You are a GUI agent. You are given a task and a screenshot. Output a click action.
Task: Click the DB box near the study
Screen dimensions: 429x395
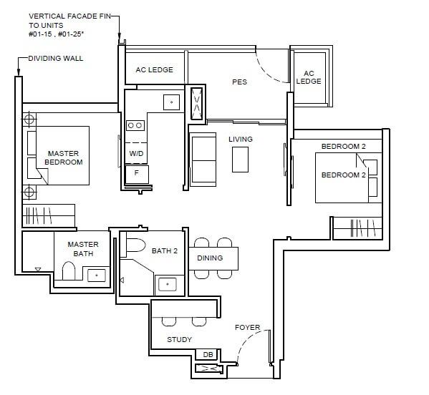click(x=208, y=354)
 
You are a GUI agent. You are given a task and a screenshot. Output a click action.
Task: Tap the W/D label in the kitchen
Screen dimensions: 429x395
click(x=136, y=153)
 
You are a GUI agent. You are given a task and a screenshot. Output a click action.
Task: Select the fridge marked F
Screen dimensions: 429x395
click(x=137, y=174)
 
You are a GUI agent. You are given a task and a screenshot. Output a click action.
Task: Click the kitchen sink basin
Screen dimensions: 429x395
click(x=172, y=102)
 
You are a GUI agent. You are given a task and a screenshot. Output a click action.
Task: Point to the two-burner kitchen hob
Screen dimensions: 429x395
click(x=135, y=125)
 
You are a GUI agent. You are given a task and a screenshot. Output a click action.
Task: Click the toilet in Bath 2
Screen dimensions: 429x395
click(x=135, y=245)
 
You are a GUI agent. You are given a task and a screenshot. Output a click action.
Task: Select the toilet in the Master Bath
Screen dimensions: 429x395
click(x=69, y=271)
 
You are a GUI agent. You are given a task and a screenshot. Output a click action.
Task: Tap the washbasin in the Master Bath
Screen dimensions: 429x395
click(x=97, y=275)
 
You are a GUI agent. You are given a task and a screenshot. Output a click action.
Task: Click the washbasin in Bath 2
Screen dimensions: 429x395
click(x=168, y=284)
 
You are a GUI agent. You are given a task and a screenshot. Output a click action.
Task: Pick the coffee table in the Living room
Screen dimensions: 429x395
click(x=240, y=160)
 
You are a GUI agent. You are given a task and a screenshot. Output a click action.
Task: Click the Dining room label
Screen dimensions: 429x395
click(x=210, y=258)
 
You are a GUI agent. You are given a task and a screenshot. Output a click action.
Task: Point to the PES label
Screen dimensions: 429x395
click(x=239, y=82)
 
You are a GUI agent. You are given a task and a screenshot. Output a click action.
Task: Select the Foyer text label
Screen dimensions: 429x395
click(x=247, y=327)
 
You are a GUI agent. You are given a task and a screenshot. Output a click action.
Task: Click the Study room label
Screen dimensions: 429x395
click(x=179, y=339)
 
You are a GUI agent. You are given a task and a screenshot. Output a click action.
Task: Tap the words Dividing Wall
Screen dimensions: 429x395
click(x=56, y=58)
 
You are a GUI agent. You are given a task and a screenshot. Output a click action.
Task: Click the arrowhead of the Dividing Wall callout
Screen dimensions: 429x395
click(x=19, y=72)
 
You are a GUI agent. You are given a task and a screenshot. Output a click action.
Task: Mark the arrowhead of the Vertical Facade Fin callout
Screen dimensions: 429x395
click(x=120, y=36)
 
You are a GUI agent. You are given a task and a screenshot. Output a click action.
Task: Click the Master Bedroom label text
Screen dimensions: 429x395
click(x=64, y=157)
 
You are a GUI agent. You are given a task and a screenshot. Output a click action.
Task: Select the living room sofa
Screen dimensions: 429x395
click(x=203, y=160)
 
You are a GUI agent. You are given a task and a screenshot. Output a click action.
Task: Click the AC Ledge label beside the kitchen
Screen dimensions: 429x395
click(x=154, y=70)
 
